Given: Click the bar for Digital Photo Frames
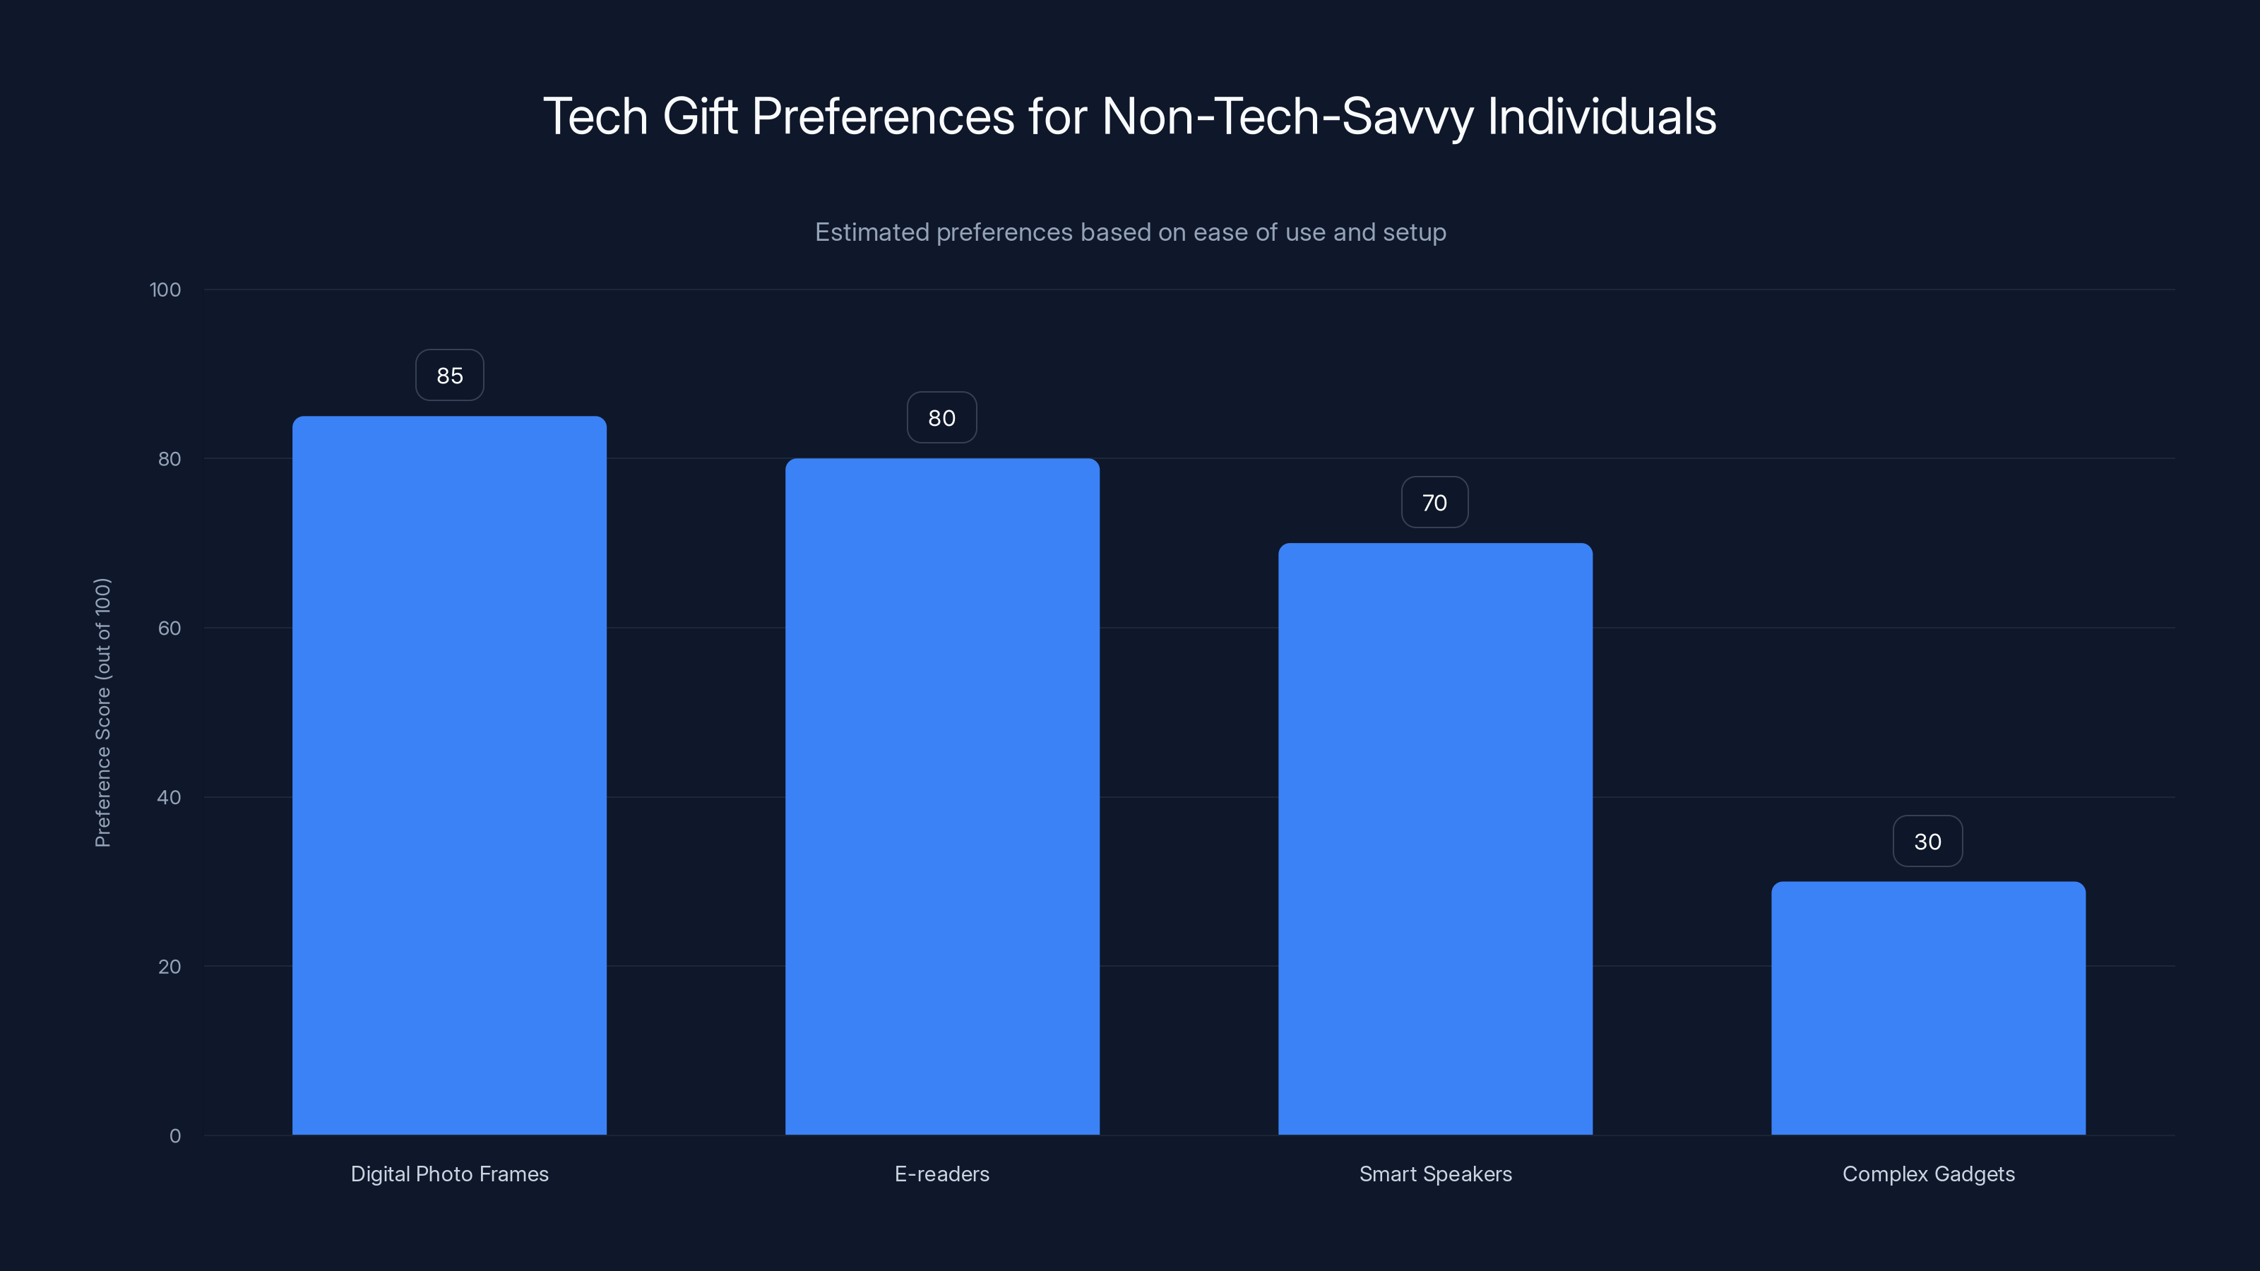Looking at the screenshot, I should click(449, 775).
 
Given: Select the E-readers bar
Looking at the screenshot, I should click(942, 796).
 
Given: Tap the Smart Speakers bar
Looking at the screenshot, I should click(1435, 839).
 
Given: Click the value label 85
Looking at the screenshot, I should click(449, 376).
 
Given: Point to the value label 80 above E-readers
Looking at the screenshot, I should click(941, 417).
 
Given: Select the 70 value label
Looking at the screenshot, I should click(1434, 503).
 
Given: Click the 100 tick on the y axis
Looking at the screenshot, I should click(165, 290).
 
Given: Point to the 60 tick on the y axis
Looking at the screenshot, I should click(169, 628).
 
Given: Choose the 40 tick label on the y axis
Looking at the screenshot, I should click(169, 797).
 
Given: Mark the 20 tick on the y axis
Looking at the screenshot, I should click(169, 967).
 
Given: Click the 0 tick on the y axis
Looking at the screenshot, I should click(174, 1136).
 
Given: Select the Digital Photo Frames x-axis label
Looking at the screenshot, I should click(449, 1174).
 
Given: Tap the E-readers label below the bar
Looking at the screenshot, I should click(941, 1174).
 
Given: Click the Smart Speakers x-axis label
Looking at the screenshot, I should click(1435, 1174).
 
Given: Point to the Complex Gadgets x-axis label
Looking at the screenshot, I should click(1928, 1174).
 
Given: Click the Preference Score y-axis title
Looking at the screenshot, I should click(102, 712).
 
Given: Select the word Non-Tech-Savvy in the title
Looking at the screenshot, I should click(1287, 117).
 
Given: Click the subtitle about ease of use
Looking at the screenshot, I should click(1130, 232).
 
